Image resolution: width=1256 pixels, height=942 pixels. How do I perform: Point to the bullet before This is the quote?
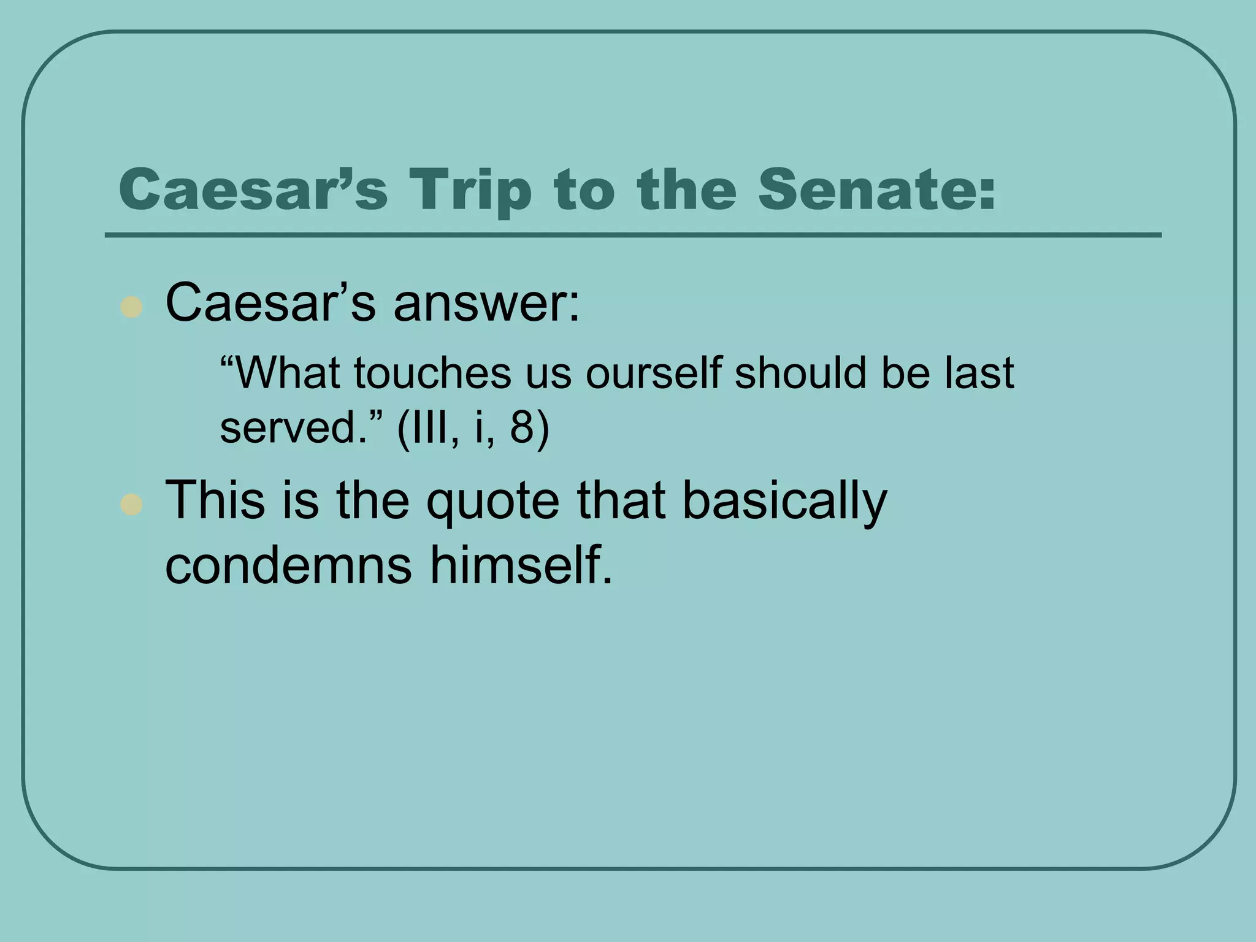(x=131, y=505)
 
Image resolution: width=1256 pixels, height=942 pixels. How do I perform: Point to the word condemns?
(x=288, y=565)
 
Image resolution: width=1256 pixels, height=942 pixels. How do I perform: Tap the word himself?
(x=520, y=565)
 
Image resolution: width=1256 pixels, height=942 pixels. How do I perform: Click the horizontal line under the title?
(x=633, y=235)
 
